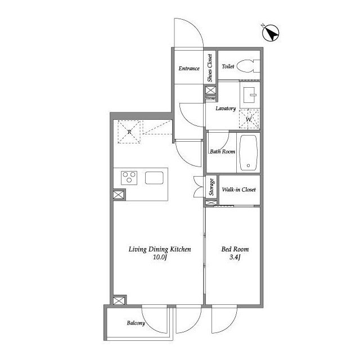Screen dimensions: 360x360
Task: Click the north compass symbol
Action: pyautogui.click(x=271, y=33)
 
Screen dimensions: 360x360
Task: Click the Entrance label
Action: pyautogui.click(x=189, y=69)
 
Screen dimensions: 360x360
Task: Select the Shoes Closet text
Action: pyautogui.click(x=210, y=68)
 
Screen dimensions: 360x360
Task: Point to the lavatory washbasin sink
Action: pyautogui.click(x=250, y=95)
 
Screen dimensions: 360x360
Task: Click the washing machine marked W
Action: pyautogui.click(x=249, y=119)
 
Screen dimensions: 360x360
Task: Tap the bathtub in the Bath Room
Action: pyautogui.click(x=248, y=152)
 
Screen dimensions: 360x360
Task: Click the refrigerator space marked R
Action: pyautogui.click(x=129, y=132)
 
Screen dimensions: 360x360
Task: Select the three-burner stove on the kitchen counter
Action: pyautogui.click(x=129, y=178)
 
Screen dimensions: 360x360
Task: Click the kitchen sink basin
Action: pyautogui.click(x=154, y=178)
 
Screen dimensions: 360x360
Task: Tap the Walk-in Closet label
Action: pyautogui.click(x=238, y=190)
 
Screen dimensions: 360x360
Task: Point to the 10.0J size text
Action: pyautogui.click(x=160, y=258)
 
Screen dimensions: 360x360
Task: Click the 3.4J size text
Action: pyautogui.click(x=235, y=258)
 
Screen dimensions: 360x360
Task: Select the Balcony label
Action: pyautogui.click(x=136, y=323)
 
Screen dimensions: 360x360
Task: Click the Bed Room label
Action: pyautogui.click(x=235, y=249)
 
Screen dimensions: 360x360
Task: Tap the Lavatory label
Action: pyautogui.click(x=226, y=109)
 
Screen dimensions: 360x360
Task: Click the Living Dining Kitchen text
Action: pyautogui.click(x=160, y=249)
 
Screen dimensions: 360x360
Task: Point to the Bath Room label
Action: pyautogui.click(x=223, y=151)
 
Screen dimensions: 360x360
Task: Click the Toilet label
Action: pyautogui.click(x=228, y=66)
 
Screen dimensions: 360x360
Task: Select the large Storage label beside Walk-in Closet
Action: pyautogui.click(x=211, y=187)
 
